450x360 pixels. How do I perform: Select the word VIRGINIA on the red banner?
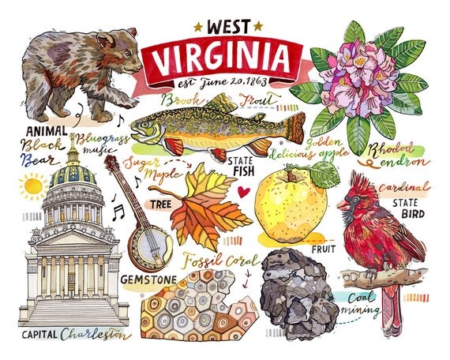click(219, 58)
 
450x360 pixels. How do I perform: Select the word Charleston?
click(92, 333)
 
